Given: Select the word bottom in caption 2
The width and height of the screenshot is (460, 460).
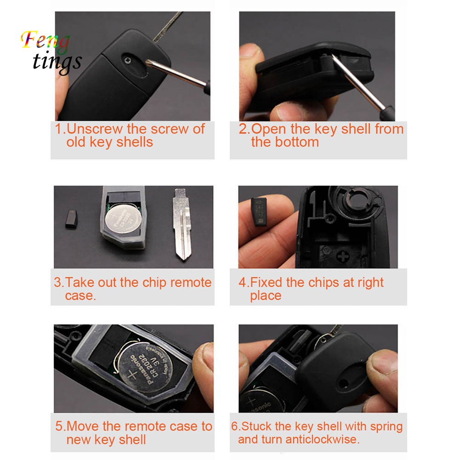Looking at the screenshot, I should click(x=297, y=142).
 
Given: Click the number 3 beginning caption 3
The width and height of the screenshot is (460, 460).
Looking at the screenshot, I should click(x=58, y=282).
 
